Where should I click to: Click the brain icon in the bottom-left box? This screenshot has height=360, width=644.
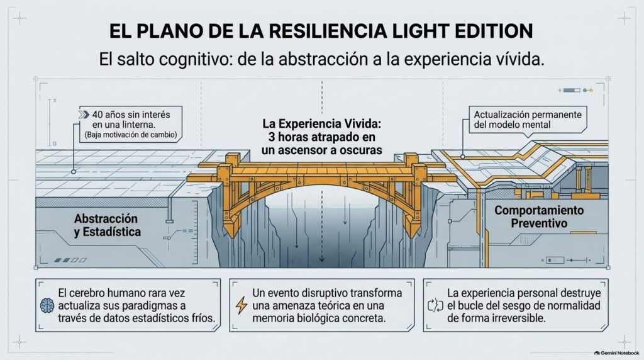tap(47, 305)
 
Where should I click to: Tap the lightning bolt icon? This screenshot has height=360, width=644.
tap(241, 305)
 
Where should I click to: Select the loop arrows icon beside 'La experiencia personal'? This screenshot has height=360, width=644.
tap(435, 305)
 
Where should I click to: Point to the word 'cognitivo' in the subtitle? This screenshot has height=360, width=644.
tap(191, 60)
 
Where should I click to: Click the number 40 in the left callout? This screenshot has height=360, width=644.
tap(97, 115)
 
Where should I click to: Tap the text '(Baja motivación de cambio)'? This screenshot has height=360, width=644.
tap(131, 135)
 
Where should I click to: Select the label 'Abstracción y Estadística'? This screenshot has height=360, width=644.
tap(107, 225)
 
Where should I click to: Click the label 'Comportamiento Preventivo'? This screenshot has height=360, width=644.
tap(539, 217)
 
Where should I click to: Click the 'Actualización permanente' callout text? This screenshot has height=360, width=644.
tap(528, 119)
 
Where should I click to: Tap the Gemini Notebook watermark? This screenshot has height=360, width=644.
tap(616, 353)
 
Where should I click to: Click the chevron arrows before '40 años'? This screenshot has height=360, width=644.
tap(84, 115)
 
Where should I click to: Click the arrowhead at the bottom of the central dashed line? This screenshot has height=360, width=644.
tap(322, 259)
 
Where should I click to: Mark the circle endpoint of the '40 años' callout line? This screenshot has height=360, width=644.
tap(74, 172)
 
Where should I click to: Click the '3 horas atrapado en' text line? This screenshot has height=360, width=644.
tap(322, 137)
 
